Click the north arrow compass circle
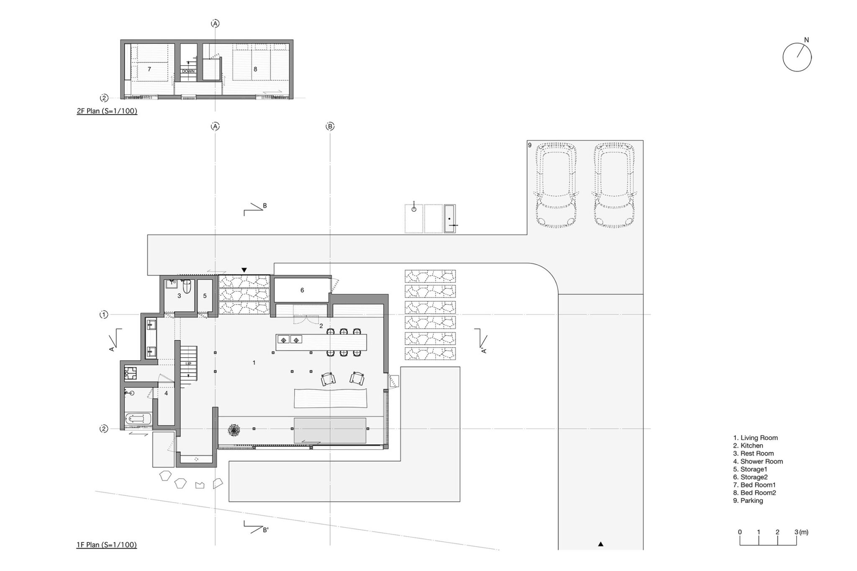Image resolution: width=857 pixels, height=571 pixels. coord(783,58)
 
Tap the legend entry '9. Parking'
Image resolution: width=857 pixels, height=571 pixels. coord(748,501)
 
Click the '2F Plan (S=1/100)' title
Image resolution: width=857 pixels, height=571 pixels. coord(107,111)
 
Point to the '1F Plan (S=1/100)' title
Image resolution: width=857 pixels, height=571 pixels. coord(107,545)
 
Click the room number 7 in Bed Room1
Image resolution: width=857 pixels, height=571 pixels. coord(149,69)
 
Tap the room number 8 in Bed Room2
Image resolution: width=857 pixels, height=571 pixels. coord(255,69)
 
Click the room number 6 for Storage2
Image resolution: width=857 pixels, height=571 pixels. coord(302,290)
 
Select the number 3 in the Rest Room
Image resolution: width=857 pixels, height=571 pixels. coord(179,296)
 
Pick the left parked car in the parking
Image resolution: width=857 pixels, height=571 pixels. coord(556,186)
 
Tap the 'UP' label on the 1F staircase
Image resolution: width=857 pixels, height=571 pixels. coord(188,364)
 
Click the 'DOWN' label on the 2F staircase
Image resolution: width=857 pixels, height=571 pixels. coord(188,71)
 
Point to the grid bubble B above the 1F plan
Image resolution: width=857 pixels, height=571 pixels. coord(330,126)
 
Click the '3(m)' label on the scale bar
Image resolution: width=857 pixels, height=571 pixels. coord(801,533)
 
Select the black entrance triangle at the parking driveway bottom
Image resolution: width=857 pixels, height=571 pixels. coord(600,544)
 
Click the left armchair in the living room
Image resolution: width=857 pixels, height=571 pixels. coord(328,379)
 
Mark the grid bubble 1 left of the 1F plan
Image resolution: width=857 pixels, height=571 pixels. coord(104,315)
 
